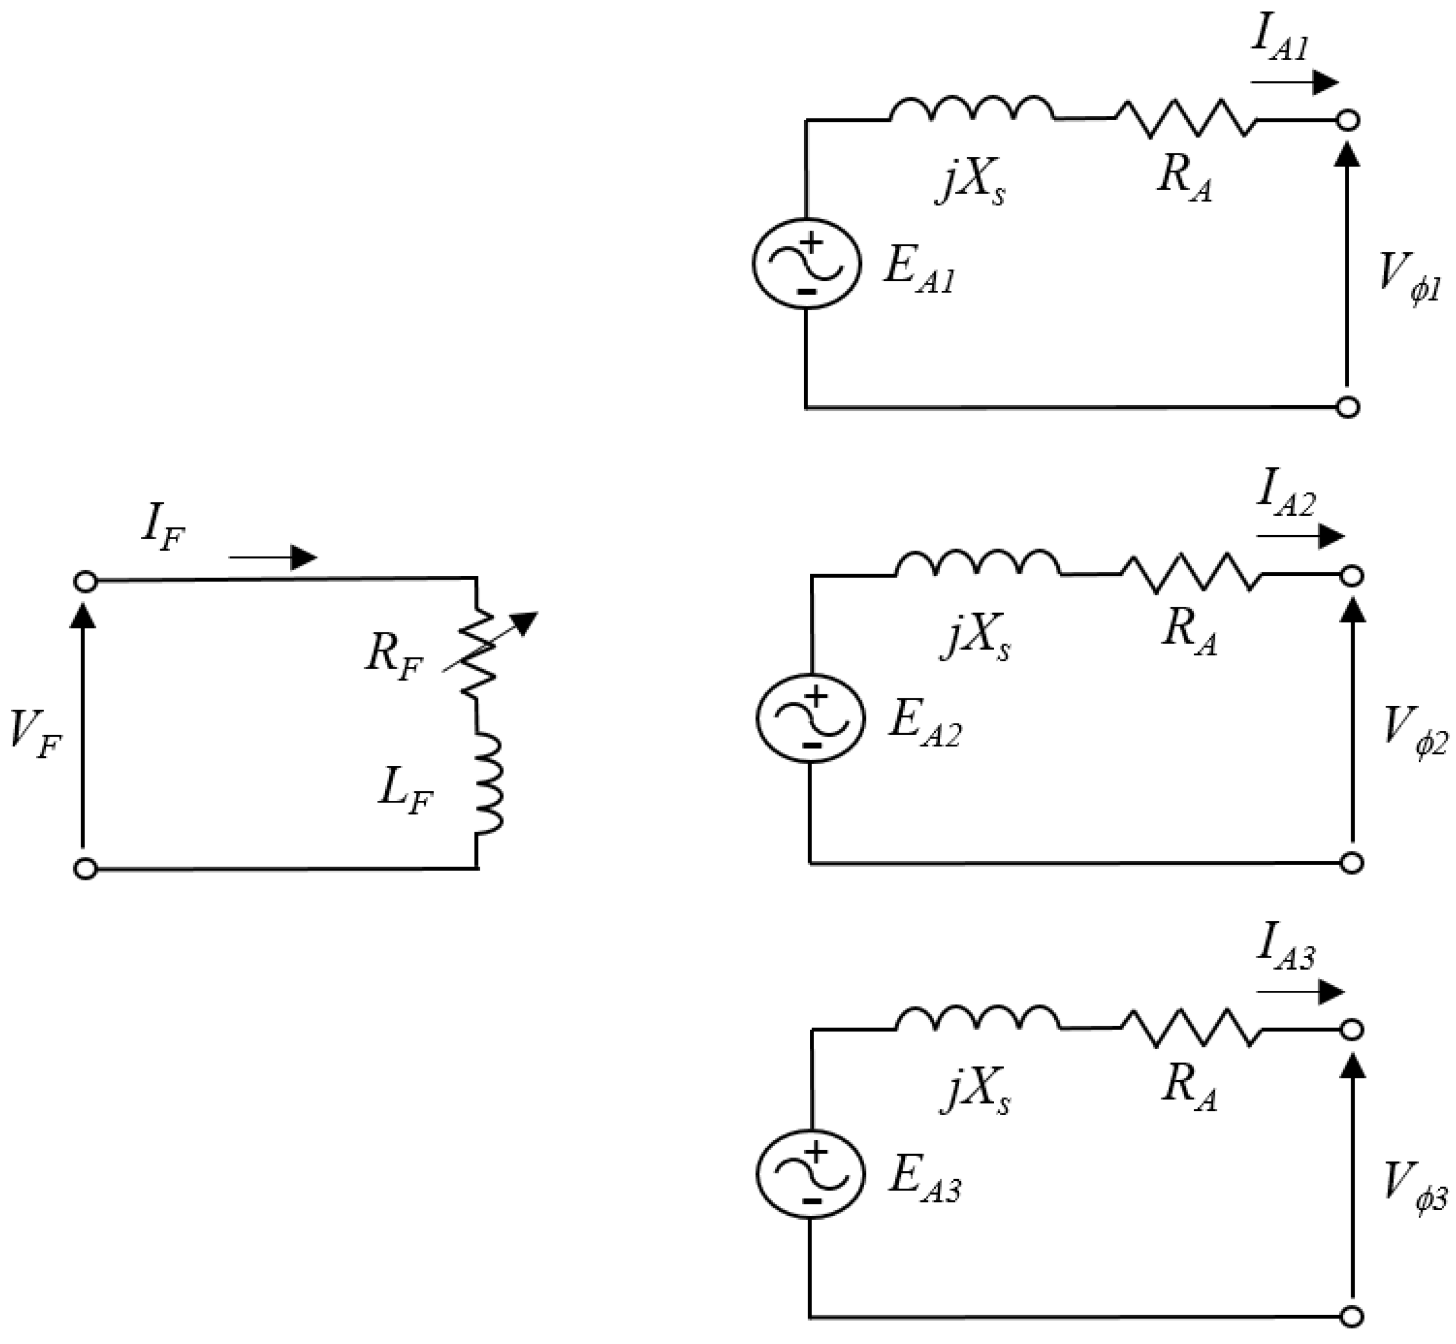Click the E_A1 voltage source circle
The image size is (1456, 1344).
pos(806,263)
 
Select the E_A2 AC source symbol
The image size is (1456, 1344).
pos(811,718)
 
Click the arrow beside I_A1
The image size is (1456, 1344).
pos(1295,82)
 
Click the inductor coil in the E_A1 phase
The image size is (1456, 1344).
pos(972,110)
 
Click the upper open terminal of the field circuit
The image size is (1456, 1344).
pos(86,582)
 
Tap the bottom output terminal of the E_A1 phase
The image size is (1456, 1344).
pos(1348,408)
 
